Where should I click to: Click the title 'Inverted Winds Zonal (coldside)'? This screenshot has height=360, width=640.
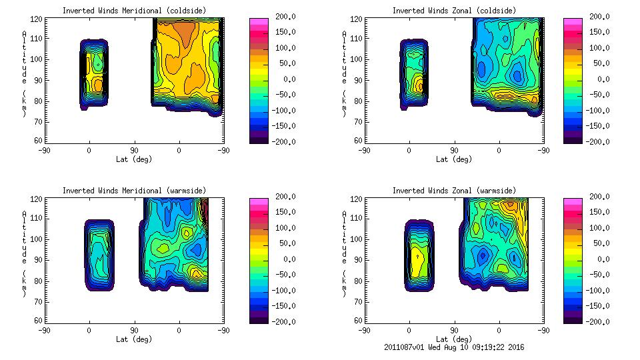point(454,11)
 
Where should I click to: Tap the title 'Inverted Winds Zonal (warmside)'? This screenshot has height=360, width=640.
point(454,191)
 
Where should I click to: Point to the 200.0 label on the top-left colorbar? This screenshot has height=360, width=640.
point(284,17)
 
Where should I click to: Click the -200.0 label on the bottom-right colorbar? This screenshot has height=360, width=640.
point(598,321)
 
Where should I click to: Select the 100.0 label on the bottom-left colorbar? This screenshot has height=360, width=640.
point(284,228)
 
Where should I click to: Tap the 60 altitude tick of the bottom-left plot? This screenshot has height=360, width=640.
point(39,320)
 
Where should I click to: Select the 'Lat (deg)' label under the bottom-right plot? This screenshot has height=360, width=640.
point(454,339)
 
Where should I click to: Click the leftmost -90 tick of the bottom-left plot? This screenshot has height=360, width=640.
point(44,330)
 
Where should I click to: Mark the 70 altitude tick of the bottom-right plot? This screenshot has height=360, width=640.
point(357,300)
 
